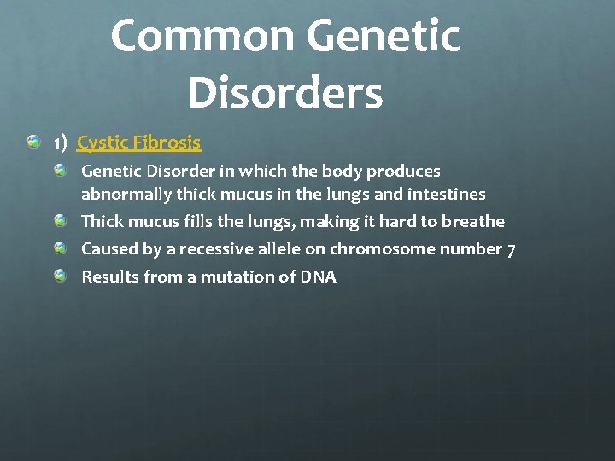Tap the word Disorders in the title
[285, 92]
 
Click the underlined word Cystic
[100, 143]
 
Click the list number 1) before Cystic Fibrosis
[60, 143]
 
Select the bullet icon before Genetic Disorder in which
[60, 171]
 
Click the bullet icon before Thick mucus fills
[60, 221]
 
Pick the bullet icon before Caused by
[60, 248]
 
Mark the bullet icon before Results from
[60, 276]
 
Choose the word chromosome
[383, 249]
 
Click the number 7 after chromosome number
[511, 250]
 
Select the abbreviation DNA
[318, 277]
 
